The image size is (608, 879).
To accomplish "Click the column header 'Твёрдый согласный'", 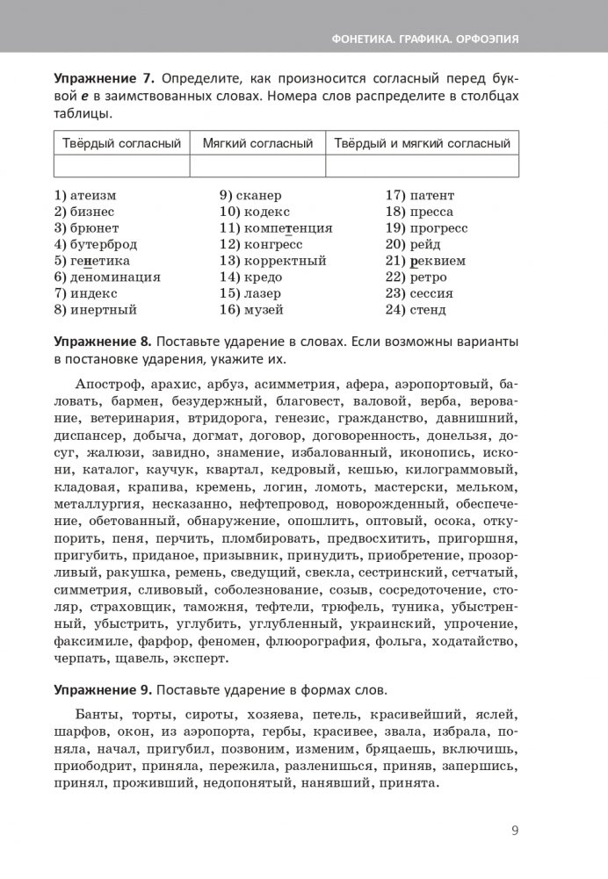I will (x=121, y=143).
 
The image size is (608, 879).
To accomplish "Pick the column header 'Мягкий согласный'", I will (x=257, y=143).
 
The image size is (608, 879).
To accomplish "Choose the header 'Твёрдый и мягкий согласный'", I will (x=422, y=143).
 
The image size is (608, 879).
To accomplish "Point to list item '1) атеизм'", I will (x=85, y=196).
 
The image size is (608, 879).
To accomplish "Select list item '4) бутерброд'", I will (x=97, y=244).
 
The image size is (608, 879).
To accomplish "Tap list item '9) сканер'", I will (x=250, y=196).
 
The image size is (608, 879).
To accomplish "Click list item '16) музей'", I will (x=250, y=309).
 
